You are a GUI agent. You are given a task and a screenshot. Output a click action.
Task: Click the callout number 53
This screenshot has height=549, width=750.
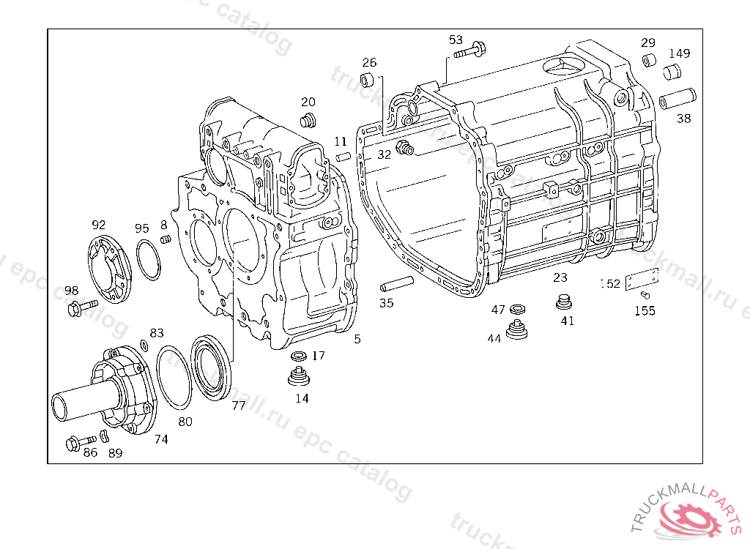pyautogui.click(x=456, y=39)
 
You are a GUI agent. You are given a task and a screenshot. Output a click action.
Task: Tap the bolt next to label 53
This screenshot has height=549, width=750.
pyautogui.click(x=470, y=51)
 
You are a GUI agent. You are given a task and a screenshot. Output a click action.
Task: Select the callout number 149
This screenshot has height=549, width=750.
pyautogui.click(x=679, y=53)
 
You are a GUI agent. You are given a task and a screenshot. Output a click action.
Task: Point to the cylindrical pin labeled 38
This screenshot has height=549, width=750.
pyautogui.click(x=677, y=97)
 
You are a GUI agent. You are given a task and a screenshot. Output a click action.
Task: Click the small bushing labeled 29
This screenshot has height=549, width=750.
pyautogui.click(x=649, y=60)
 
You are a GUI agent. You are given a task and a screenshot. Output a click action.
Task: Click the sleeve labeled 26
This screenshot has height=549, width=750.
pyautogui.click(x=368, y=79)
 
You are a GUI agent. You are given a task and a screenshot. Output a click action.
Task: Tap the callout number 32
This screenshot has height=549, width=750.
pyautogui.click(x=385, y=154)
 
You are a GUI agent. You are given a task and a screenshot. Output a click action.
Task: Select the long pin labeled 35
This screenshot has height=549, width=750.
pyautogui.click(x=396, y=283)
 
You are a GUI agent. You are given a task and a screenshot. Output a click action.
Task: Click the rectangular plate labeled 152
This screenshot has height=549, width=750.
pyautogui.click(x=641, y=280)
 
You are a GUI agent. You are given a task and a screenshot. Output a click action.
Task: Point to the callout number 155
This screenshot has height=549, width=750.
pyautogui.click(x=645, y=310)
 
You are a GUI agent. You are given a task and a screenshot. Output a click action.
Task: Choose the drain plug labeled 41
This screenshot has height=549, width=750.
pyautogui.click(x=564, y=301)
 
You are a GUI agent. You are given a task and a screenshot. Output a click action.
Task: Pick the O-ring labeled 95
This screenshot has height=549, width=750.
pyautogui.click(x=149, y=259)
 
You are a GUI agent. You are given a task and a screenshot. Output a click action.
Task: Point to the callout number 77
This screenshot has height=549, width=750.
pyautogui.click(x=239, y=406)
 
